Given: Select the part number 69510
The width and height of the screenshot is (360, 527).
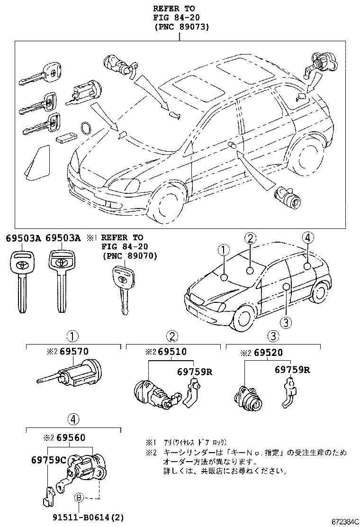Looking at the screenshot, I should tap(172, 352).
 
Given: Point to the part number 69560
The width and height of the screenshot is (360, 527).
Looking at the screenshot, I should tap(71, 437).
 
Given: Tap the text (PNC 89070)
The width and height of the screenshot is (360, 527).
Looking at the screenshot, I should tap(129, 256).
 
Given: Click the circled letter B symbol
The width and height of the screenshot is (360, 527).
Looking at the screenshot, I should tap(79, 497).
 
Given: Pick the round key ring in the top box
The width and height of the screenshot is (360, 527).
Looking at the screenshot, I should tap(86, 128).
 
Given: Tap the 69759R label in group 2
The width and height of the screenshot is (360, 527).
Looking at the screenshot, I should tap(194, 371).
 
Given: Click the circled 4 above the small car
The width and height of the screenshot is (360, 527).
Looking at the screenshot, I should tap(307, 238).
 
